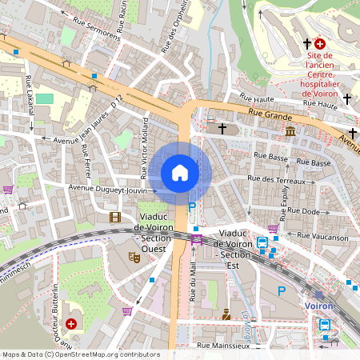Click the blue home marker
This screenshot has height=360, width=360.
pos(180,173)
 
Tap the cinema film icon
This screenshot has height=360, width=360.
pos(115,217)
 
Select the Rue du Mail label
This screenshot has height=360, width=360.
pos(193,284)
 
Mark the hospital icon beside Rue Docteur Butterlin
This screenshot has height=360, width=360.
pos(72,323)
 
